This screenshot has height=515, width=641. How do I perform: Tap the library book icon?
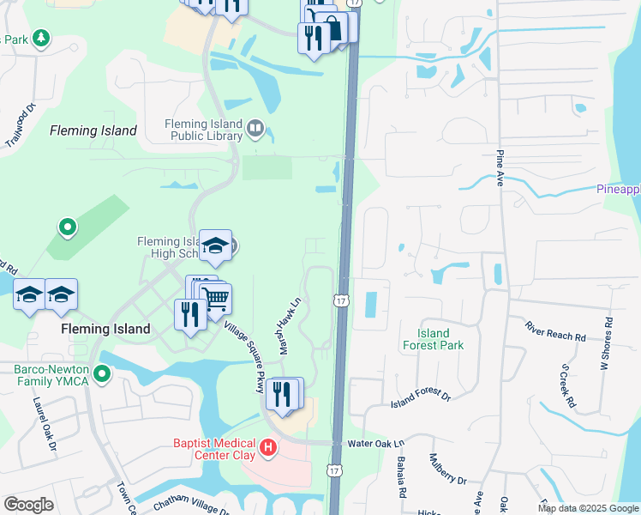(x=255, y=130)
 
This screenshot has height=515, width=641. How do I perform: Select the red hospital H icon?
(x=269, y=447)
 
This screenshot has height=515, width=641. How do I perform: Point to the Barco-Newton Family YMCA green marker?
(x=103, y=374)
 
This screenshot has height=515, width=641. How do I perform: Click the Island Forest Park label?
(x=433, y=339)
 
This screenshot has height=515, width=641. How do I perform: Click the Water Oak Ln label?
(x=375, y=444)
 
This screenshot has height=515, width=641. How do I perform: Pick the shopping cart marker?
(x=217, y=300)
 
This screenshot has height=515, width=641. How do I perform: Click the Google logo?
(x=28, y=505)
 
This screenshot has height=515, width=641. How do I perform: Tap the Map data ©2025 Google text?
(x=588, y=508)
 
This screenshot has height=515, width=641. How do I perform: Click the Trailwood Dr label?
(x=20, y=126)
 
